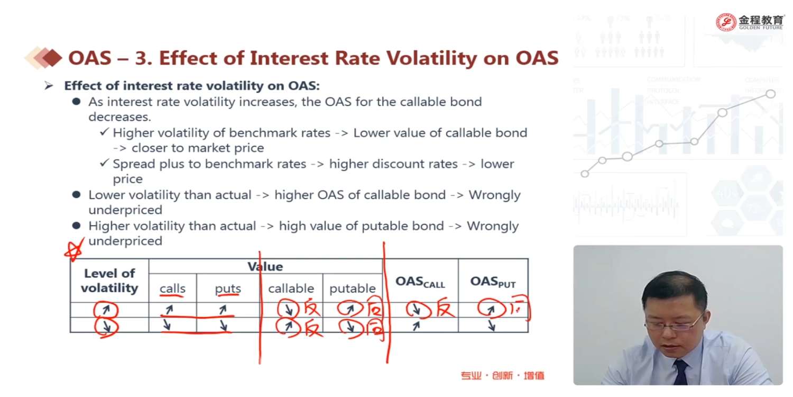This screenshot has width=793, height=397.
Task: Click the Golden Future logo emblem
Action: coord(726,22)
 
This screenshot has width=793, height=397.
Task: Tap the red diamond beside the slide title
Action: coord(52,58)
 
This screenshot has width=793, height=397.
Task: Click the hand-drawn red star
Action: coord(75,249)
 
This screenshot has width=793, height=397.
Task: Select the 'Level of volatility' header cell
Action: coord(109,281)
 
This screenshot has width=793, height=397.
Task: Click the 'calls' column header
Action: coord(172,288)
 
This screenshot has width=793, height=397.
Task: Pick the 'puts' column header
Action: coord(228,288)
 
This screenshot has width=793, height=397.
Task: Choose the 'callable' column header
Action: coord(291,288)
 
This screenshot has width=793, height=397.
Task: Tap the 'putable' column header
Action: coord(352,288)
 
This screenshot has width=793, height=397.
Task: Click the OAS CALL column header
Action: coord(420,282)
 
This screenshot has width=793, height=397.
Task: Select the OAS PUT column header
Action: coord(493,282)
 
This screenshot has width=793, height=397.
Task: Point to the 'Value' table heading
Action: coord(265,267)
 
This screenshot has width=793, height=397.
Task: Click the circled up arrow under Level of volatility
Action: coord(106,310)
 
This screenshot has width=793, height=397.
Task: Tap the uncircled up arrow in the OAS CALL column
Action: coord(416,326)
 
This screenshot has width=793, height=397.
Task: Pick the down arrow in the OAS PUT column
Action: coord(491,326)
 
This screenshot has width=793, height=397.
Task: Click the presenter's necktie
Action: coord(681,372)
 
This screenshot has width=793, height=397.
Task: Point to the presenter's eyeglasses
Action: coord(672,323)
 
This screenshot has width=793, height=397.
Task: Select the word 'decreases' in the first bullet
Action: coord(119,116)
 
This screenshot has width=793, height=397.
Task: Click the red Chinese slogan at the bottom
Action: coord(502,375)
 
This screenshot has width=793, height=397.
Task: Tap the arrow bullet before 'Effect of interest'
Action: coord(49,85)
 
